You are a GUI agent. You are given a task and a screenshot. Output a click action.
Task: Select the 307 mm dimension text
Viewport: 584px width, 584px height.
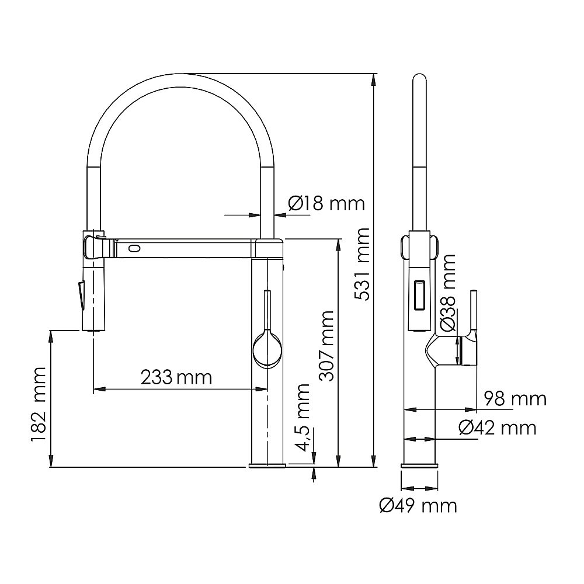326,345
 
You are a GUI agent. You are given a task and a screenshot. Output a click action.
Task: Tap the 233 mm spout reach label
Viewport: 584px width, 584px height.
176,377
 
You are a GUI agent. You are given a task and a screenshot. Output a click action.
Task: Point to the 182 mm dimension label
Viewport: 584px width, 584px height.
39,404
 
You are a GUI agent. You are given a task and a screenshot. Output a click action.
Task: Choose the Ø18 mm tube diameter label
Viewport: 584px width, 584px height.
326,203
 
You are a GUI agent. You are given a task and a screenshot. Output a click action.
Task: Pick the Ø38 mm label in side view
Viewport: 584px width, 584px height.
447,293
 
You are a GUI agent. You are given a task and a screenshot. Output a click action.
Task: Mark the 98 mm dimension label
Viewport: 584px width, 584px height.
515,399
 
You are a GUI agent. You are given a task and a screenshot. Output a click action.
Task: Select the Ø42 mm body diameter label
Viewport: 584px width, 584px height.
498,428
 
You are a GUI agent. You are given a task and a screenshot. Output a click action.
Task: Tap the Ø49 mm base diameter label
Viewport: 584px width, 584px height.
418,505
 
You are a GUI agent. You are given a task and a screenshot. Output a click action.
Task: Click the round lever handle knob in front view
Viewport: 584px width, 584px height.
267,349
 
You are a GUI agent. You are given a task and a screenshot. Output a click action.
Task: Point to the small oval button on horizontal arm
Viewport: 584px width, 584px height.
134,248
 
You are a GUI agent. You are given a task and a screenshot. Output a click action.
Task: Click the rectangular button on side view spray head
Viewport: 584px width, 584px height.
419,294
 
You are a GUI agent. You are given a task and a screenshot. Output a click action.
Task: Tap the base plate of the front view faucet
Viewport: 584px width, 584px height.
267,465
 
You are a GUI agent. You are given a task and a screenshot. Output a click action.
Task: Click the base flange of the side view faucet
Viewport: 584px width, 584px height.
419,465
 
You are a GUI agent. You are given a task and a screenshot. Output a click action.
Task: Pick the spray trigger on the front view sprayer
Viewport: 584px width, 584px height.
81,294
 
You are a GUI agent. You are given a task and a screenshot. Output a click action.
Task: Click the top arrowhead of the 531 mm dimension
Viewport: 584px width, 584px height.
374,79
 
